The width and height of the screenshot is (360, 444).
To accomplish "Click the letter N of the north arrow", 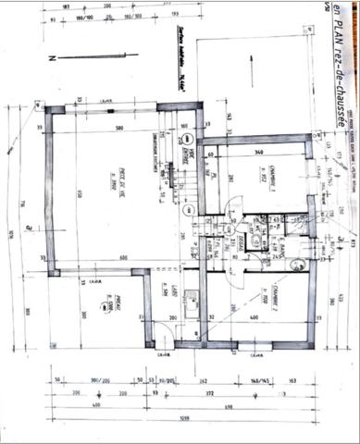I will (54, 56).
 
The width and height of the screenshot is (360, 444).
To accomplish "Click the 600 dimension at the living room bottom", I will (120, 258).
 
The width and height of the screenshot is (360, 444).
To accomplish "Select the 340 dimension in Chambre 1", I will (260, 152).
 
